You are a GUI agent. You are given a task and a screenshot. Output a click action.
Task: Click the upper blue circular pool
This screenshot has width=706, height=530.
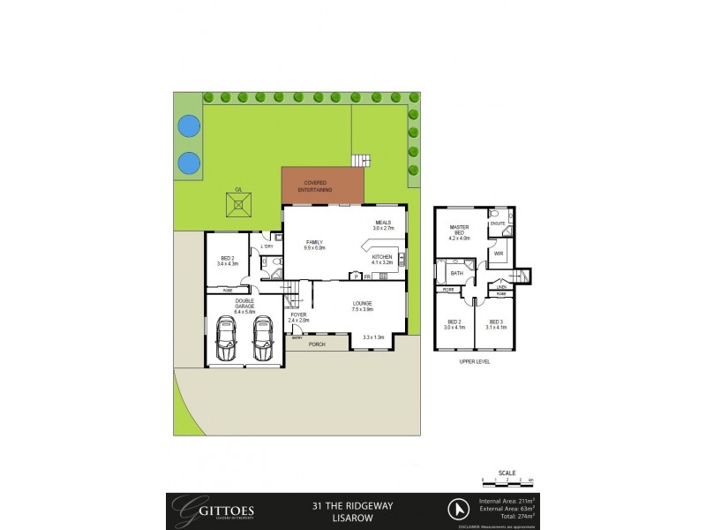188,126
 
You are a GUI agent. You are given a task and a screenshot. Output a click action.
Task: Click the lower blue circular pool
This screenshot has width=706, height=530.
188,163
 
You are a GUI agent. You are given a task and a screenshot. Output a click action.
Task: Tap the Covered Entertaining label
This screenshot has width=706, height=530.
324,186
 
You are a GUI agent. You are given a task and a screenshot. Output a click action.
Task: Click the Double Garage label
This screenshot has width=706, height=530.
244,306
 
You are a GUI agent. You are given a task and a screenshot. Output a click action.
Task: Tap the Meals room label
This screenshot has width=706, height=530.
382,225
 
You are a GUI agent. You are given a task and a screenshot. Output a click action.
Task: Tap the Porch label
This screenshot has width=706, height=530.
316,345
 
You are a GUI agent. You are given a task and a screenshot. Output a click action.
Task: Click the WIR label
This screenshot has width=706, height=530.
498,254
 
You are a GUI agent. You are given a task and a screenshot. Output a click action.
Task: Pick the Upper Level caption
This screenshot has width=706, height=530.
475,362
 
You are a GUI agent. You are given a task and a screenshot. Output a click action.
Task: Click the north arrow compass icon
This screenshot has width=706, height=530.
457,509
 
